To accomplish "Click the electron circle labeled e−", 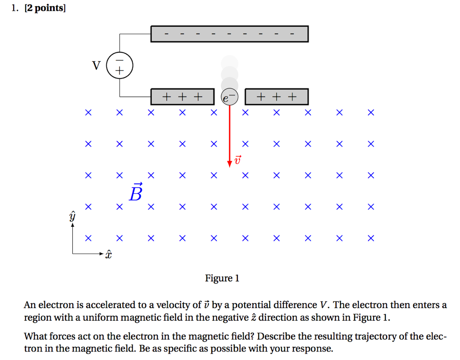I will (230, 97).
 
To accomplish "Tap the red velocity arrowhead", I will (230, 163).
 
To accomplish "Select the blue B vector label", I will (135, 192).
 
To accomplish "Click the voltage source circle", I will (120, 65).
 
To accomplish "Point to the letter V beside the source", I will (96, 65).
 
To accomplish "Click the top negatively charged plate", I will (229, 34).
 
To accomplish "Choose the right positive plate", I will (277, 97).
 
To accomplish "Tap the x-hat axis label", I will (109, 255).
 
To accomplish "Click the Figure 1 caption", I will (222, 278).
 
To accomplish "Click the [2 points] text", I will (44, 8).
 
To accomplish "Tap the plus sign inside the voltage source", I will (120, 71).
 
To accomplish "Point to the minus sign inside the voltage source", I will (120, 60).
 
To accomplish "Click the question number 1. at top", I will (15, 8).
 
